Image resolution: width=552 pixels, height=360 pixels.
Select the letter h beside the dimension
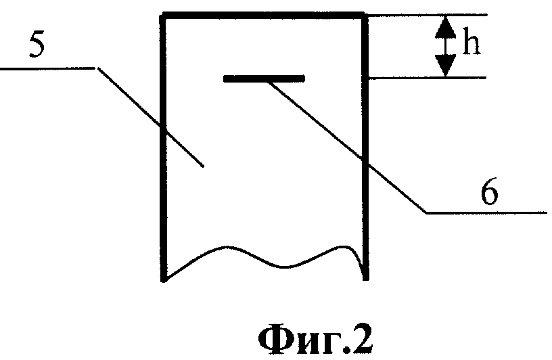pos(471,45)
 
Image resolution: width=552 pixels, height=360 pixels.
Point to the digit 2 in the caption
pos(362,338)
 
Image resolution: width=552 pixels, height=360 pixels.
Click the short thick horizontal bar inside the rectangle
pos(264,79)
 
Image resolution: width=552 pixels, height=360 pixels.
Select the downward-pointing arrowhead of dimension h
pos(444,66)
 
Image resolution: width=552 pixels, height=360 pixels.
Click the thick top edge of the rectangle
pos(264,15)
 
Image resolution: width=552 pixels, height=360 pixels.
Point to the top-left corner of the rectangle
pos(163,16)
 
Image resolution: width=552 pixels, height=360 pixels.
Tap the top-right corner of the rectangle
pos(366,16)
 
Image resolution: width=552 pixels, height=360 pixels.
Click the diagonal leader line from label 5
pos(149,115)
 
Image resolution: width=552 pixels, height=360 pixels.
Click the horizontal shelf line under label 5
pos(47,67)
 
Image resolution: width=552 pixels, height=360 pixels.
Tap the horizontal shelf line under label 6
pos(487,212)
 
